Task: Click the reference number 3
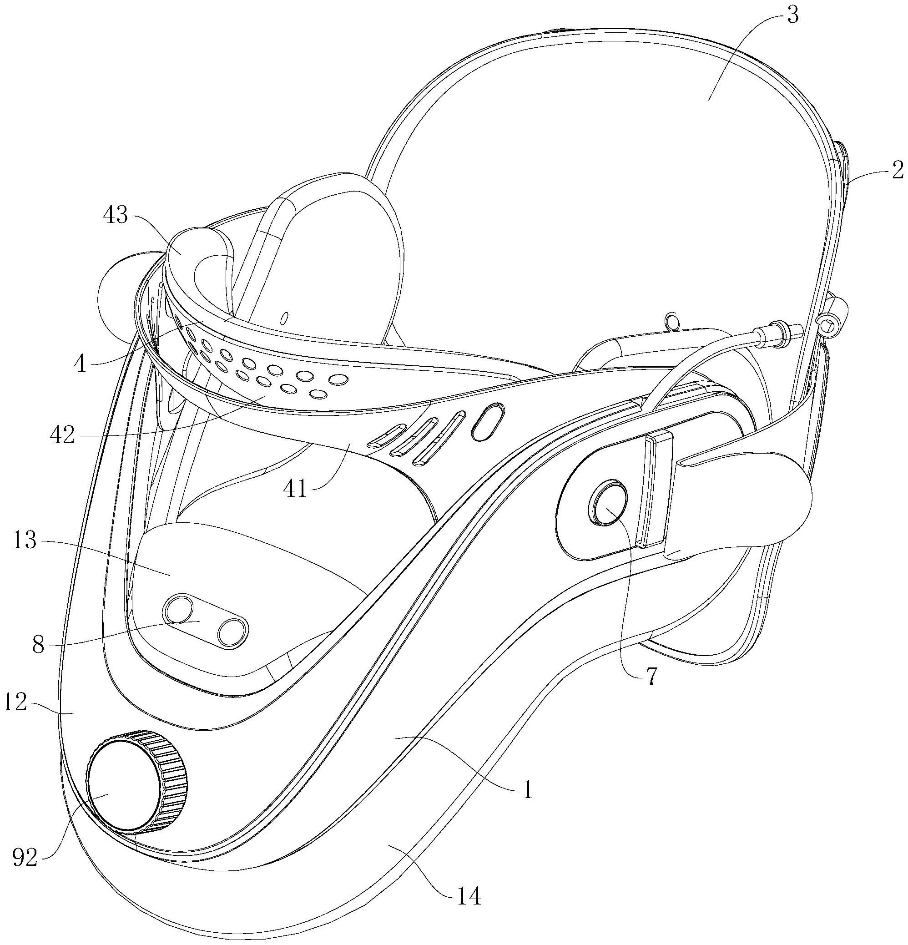click(x=792, y=15)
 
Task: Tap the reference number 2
click(x=897, y=171)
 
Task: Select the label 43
click(x=116, y=216)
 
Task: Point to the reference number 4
click(x=80, y=364)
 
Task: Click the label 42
click(x=62, y=435)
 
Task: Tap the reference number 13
click(x=25, y=541)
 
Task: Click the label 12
click(x=15, y=702)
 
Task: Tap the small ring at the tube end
click(x=828, y=326)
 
